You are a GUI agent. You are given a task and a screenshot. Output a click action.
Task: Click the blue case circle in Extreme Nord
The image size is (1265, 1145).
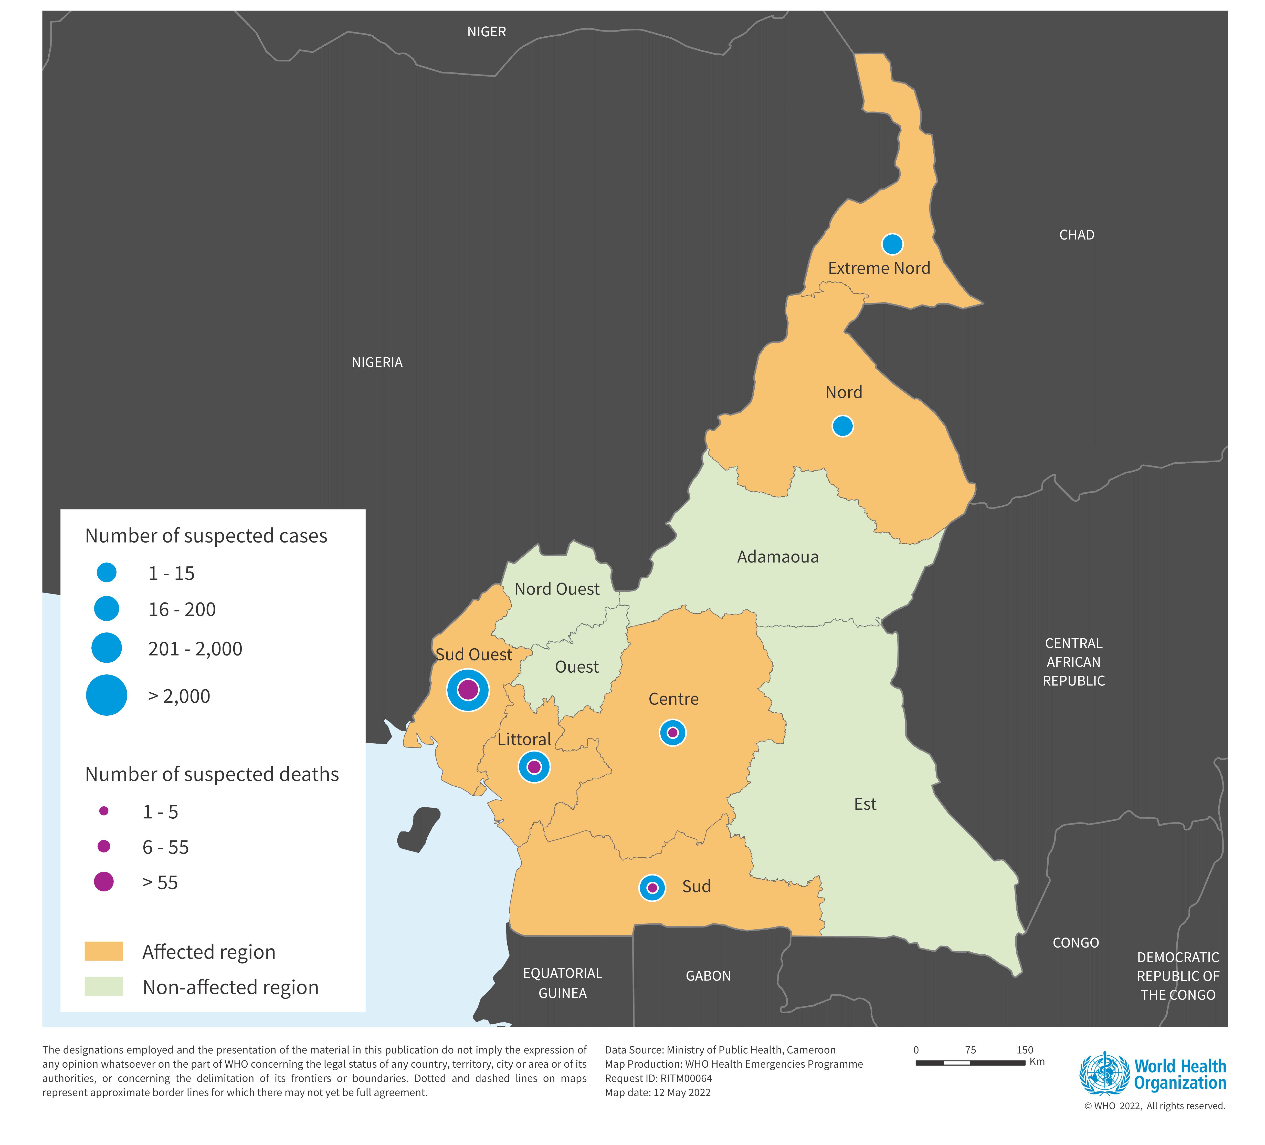[892, 244]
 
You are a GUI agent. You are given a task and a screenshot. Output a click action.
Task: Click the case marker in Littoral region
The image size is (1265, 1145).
[534, 766]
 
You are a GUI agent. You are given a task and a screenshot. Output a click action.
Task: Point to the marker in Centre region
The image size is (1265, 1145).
[673, 733]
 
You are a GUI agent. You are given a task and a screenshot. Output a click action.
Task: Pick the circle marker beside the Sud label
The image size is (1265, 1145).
[652, 888]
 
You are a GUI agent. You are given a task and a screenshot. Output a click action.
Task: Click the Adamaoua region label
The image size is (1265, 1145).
[777, 557]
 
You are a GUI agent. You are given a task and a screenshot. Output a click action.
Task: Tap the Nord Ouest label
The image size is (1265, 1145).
[557, 589]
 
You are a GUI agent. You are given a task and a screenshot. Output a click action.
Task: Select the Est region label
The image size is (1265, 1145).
[865, 804]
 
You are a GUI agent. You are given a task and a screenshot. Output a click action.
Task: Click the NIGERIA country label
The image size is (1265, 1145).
[377, 362]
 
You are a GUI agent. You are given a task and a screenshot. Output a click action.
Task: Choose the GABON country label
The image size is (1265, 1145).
[708, 976]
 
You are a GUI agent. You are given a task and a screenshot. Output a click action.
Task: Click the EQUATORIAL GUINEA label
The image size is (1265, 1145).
[562, 983]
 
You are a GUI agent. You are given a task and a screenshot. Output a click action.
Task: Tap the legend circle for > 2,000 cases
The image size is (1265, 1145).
[107, 695]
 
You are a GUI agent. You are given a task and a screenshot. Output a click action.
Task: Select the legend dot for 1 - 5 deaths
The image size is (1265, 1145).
[104, 811]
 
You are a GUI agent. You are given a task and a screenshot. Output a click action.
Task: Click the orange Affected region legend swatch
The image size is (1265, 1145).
[104, 951]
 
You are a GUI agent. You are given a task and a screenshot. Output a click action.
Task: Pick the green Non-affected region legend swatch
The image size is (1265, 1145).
[104, 986]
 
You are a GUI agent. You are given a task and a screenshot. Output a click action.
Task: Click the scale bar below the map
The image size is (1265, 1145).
[970, 1063]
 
